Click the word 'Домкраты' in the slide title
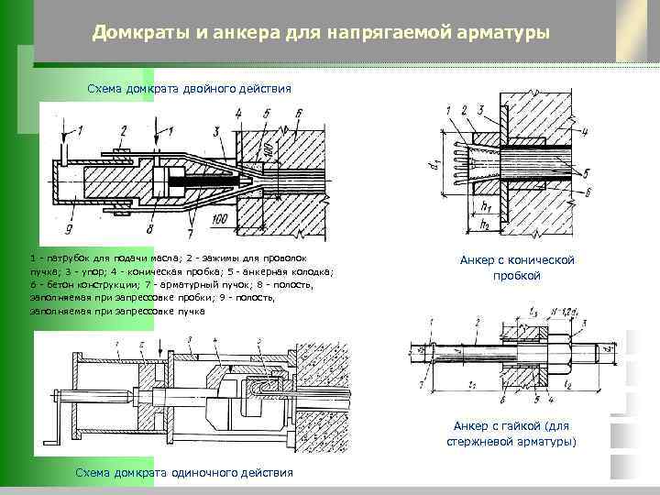pyautogui.click(x=139, y=34)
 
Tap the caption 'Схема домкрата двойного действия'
pyautogui.click(x=189, y=89)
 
